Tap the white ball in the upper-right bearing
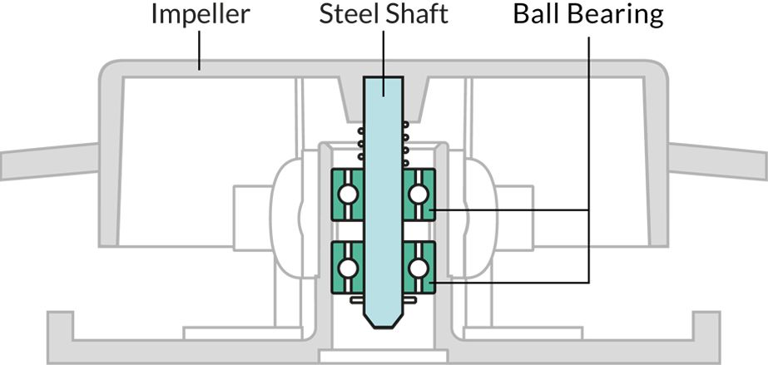pyautogui.click(x=418, y=195)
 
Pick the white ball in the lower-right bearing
pyautogui.click(x=418, y=267)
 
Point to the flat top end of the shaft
pyautogui.click(x=383, y=79)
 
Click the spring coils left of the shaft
pyautogui.click(x=361, y=144)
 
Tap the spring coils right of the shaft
pyautogui.click(x=405, y=144)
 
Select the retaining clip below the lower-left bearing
pyautogui.click(x=357, y=299)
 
